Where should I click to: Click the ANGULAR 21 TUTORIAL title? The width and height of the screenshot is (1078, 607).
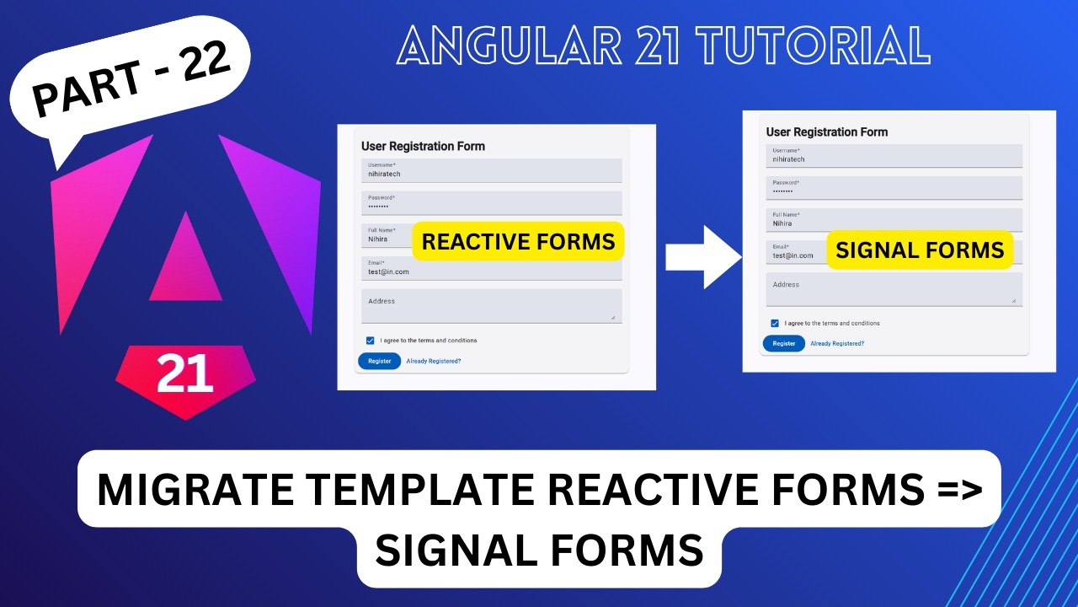pyautogui.click(x=664, y=46)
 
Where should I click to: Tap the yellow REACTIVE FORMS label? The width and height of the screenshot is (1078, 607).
pyautogui.click(x=518, y=242)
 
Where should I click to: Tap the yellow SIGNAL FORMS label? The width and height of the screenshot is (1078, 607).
pyautogui.click(x=920, y=249)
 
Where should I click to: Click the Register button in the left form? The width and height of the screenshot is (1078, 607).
pyautogui.click(x=379, y=361)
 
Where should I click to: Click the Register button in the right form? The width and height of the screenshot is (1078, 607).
pyautogui.click(x=784, y=343)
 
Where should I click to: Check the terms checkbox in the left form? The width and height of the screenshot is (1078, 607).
pyautogui.click(x=371, y=341)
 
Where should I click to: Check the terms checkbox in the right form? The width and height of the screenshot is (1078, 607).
pyautogui.click(x=775, y=323)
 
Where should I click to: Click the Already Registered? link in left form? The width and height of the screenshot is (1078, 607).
pyautogui.click(x=434, y=361)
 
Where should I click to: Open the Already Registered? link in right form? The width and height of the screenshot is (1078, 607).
pyautogui.click(x=837, y=343)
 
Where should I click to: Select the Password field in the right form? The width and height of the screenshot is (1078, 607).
pyautogui.click(x=894, y=188)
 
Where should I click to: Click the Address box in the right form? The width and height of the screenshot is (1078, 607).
pyautogui.click(x=894, y=289)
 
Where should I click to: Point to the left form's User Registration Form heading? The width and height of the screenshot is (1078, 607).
pyautogui.click(x=423, y=146)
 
